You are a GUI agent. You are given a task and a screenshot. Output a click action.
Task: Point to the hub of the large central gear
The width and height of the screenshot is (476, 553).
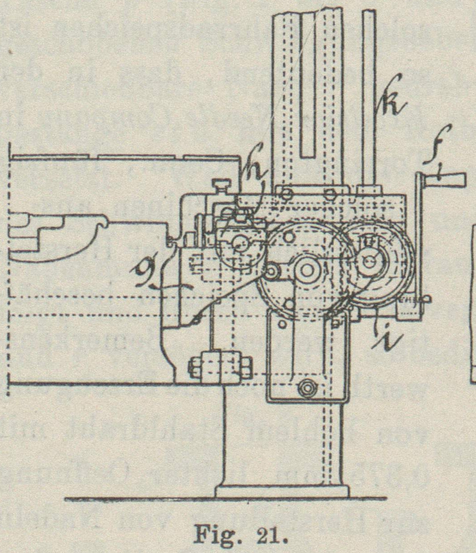(x=308, y=269)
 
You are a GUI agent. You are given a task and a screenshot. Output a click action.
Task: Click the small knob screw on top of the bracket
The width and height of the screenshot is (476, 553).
(x=222, y=184)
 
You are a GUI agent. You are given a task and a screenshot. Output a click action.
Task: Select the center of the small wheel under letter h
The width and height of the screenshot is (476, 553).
(x=240, y=244)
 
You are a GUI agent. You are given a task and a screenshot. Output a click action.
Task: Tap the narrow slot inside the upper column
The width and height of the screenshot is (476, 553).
(x=308, y=81)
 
